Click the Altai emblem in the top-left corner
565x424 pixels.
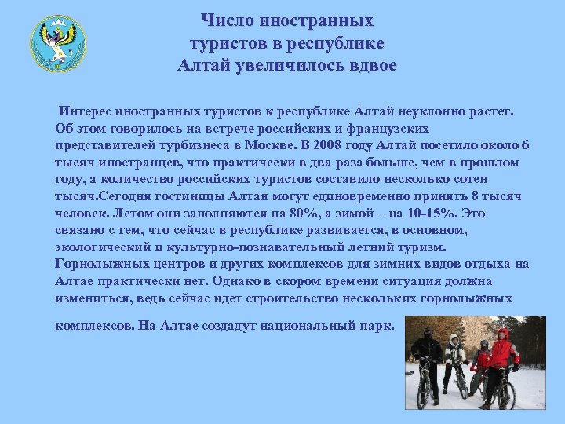57,44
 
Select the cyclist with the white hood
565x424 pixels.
453,357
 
